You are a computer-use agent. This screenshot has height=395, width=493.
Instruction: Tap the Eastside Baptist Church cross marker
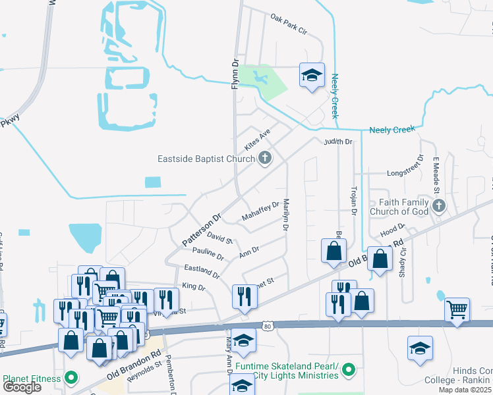click(265, 158)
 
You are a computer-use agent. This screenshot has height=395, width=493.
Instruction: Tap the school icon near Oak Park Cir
click(312, 75)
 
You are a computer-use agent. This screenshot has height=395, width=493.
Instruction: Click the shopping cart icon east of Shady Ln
click(457, 309)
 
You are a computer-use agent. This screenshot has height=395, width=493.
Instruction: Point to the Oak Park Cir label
click(289, 26)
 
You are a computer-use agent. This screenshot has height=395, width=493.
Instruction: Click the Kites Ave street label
click(258, 138)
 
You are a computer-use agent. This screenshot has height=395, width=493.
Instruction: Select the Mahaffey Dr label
click(260, 211)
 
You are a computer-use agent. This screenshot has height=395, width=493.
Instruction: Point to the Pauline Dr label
click(208, 253)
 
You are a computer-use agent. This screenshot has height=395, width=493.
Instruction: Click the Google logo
click(22, 387)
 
